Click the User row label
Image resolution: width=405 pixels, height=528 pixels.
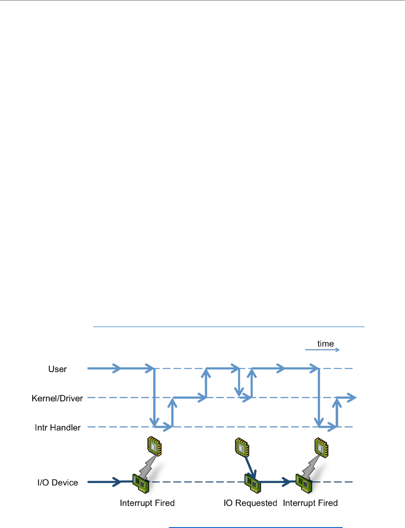click(x=58, y=369)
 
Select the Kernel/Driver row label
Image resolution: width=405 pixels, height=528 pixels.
click(x=58, y=398)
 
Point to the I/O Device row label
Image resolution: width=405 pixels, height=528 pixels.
click(x=57, y=482)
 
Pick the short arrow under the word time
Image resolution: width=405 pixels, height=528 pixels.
click(x=322, y=350)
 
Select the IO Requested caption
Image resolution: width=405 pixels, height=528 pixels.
click(x=250, y=503)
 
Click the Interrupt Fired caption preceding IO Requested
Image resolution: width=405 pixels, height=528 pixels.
click(x=147, y=503)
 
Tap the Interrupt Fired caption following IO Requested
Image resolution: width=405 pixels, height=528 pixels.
click(x=310, y=503)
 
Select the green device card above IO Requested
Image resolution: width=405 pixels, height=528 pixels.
click(x=253, y=482)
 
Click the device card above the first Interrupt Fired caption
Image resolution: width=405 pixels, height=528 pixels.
click(x=141, y=482)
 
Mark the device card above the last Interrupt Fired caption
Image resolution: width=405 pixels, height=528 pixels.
click(x=304, y=482)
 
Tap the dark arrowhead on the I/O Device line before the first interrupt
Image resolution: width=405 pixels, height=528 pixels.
click(x=117, y=482)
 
